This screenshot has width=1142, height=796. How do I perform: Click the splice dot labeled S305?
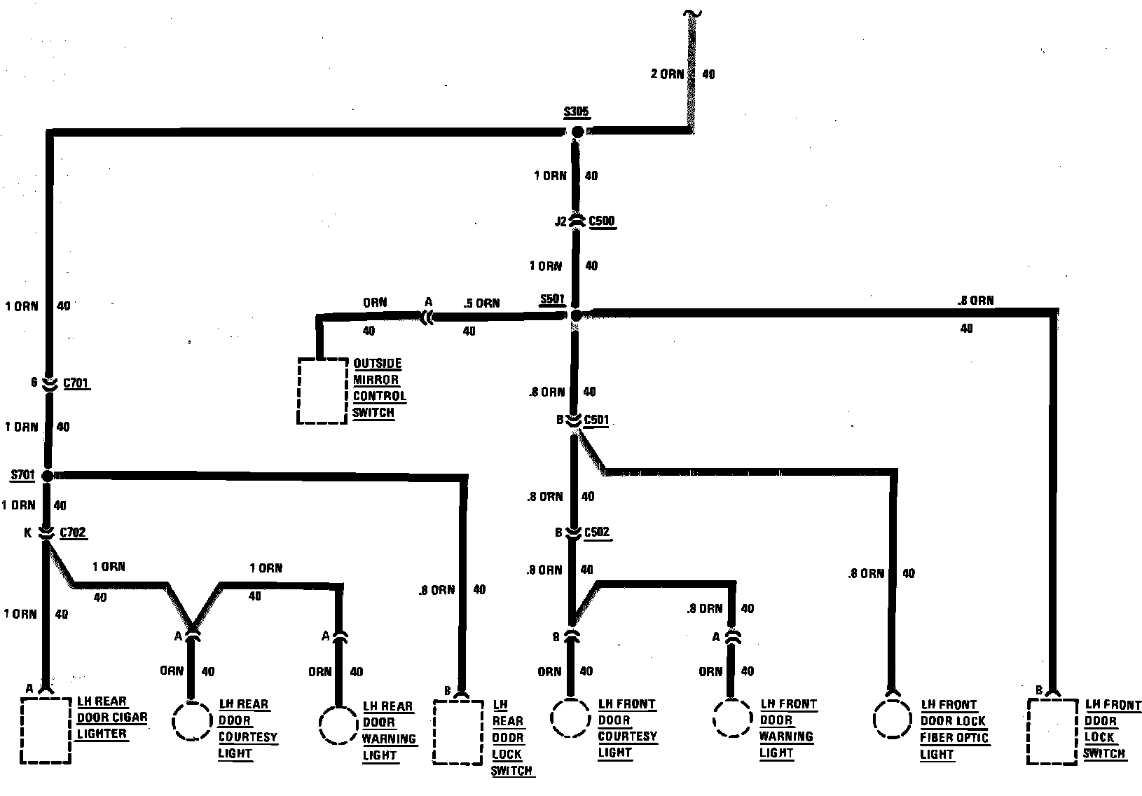(577, 132)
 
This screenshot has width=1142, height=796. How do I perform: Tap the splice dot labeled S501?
(576, 316)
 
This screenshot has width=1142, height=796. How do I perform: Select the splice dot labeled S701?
(47, 476)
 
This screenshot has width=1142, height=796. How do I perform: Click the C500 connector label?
(602, 221)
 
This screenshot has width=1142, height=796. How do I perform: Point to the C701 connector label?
(76, 383)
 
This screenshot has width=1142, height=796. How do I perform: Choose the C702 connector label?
(73, 533)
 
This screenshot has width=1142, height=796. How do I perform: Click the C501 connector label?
(596, 420)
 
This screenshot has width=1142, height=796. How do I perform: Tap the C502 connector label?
(596, 533)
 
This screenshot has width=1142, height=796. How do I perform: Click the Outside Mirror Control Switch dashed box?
(322, 391)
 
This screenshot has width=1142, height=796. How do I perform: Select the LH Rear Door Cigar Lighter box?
(46, 730)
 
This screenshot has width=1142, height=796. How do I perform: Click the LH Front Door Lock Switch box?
(1052, 731)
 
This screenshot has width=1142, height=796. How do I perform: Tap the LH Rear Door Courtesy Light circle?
(191, 721)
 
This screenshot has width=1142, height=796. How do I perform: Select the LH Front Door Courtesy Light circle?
(571, 718)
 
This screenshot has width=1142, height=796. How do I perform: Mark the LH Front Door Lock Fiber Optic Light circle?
(893, 719)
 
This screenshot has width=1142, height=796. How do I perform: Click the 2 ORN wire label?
(667, 74)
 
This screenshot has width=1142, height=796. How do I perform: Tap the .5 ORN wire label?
(482, 303)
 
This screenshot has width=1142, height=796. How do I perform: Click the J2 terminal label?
(560, 222)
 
